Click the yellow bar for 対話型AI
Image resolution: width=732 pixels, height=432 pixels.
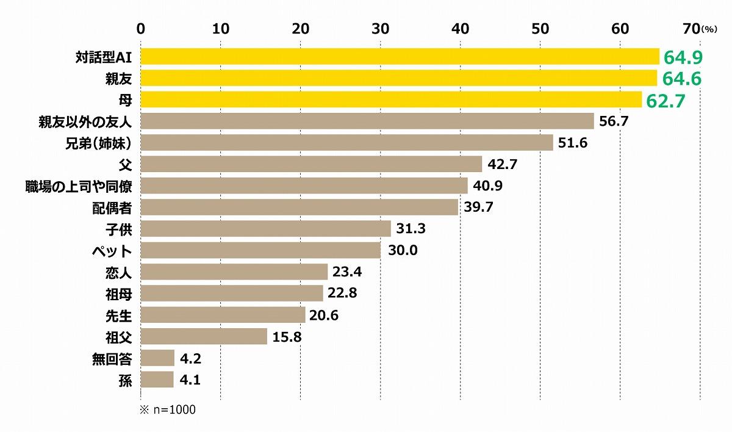pyautogui.click(x=400, y=57)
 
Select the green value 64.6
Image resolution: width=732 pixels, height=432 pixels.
pyautogui.click(x=683, y=79)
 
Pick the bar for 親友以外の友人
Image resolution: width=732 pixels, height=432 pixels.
pyautogui.click(x=367, y=121)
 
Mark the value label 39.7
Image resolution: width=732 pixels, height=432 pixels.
pyautogui.click(x=479, y=207)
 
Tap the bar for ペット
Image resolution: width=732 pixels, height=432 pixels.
pyautogui.click(x=260, y=250)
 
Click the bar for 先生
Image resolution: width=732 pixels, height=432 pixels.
pyautogui.click(x=223, y=315)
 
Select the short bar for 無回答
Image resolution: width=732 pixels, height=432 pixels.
pyautogui.click(x=157, y=358)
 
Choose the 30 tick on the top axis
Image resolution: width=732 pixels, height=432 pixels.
pyautogui.click(x=380, y=29)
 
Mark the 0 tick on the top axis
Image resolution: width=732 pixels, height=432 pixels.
pyautogui.click(x=140, y=29)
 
